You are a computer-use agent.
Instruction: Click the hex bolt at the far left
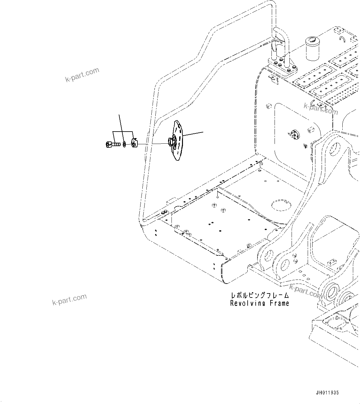112,144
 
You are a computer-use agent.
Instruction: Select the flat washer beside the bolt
124,144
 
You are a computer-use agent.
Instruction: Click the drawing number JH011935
327,393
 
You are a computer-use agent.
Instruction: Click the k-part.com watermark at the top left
82,75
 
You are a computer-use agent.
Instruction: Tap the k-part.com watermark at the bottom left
69,300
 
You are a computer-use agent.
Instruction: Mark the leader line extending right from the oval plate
193,134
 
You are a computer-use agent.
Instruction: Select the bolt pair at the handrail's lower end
164,212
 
